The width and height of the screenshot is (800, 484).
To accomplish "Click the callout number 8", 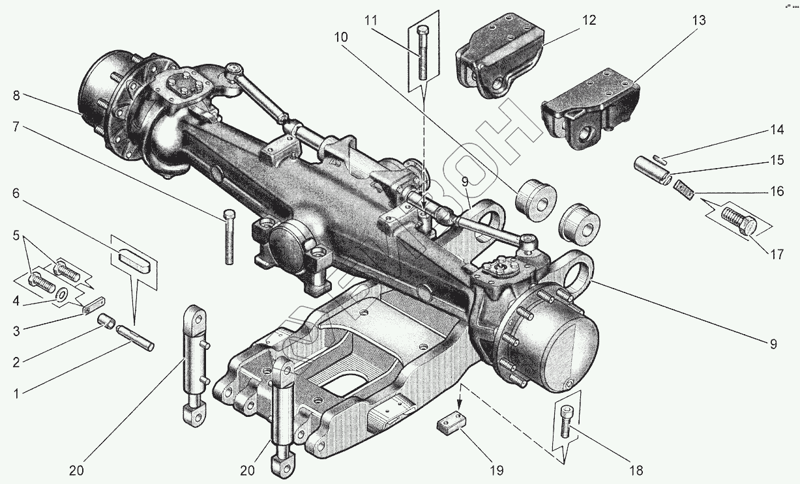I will click(x=16, y=95).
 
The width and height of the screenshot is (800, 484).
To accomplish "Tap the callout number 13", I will click(x=698, y=21).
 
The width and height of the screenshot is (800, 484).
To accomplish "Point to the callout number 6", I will click(x=16, y=193).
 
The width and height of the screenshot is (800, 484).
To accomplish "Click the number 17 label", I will click(x=775, y=255).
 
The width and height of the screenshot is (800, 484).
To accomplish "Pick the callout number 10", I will click(x=341, y=38).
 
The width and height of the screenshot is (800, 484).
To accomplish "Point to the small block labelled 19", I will click(x=451, y=425).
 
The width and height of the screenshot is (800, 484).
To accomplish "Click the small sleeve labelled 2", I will click(x=106, y=321).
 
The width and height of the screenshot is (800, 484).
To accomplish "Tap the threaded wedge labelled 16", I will click(x=685, y=189).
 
